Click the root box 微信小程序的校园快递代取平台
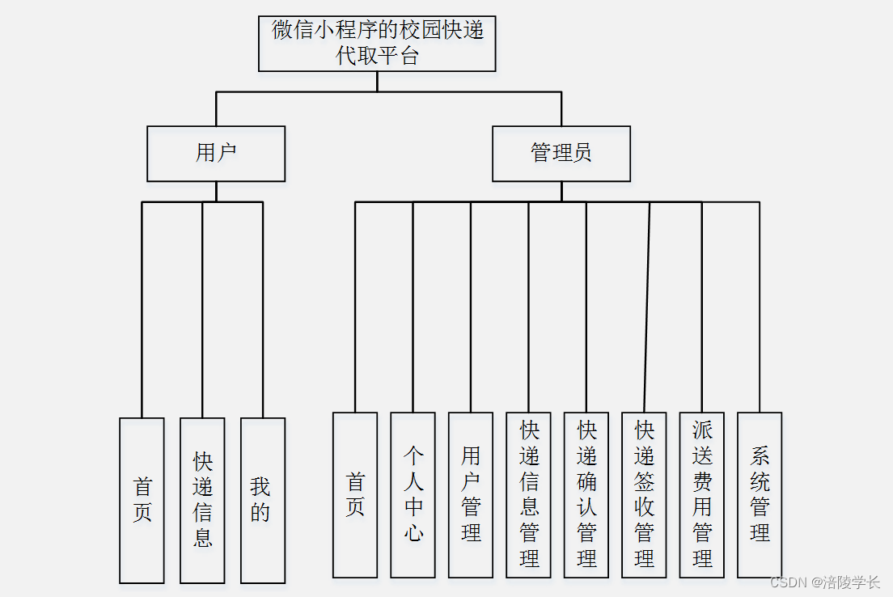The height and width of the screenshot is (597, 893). tap(377, 44)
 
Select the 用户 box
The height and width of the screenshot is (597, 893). tap(216, 154)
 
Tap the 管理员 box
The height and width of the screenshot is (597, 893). tap(561, 154)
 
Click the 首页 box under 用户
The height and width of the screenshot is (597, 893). tap(142, 500)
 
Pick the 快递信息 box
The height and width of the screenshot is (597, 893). tap(202, 500)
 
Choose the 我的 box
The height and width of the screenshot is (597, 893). tap(263, 500)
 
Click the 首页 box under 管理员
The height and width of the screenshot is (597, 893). tap(355, 495)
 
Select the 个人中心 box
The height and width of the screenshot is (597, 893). tap(413, 495)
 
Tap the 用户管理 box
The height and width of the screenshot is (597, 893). tap(471, 495)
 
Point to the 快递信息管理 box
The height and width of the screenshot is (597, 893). tap(528, 495)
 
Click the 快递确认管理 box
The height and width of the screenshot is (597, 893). tap(586, 495)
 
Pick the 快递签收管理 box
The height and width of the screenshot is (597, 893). tap(644, 495)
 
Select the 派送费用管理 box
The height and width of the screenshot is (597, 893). tap(702, 495)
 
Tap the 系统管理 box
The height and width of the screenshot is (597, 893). tap(760, 495)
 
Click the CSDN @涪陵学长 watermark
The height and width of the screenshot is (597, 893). tap(825, 582)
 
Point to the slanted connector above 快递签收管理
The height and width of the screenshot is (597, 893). tap(647, 307)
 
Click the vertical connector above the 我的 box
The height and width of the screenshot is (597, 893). tap(263, 307)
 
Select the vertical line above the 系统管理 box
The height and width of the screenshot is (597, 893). tap(760, 307)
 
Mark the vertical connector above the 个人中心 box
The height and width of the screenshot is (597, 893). tap(413, 307)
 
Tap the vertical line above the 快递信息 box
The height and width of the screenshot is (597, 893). tap(202, 307)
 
